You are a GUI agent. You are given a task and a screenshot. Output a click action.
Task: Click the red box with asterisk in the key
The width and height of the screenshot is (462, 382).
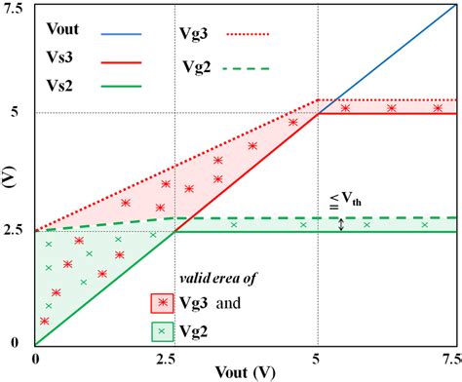click(x=163, y=303)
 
